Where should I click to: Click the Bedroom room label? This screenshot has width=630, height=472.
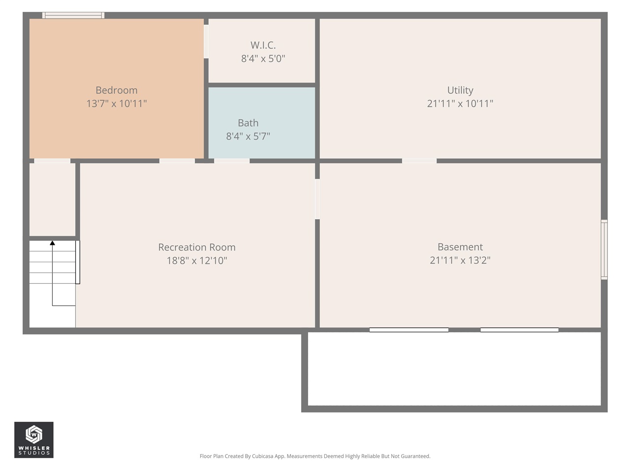[x=117, y=90]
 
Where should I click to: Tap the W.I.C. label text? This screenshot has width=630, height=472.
[x=263, y=45]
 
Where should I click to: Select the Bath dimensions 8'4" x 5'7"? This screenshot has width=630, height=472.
[x=248, y=136]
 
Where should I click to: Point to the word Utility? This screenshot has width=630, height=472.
[x=460, y=90]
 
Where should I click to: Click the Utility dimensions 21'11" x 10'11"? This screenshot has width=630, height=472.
[x=460, y=103]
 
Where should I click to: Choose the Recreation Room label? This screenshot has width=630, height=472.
[x=197, y=247]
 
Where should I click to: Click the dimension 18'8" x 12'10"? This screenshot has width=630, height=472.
[x=197, y=261]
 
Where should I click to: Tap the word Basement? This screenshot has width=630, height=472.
[x=460, y=247]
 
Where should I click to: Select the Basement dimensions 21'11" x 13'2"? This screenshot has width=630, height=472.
[x=460, y=260]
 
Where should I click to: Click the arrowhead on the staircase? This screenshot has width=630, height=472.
[x=52, y=242]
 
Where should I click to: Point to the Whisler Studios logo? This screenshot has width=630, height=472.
[x=34, y=440]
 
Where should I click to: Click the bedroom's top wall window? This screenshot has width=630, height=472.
[x=73, y=15]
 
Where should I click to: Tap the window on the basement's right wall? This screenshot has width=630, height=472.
[x=604, y=250]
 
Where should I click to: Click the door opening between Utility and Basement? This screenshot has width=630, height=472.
[x=419, y=161]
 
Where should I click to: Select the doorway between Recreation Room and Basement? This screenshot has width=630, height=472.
[x=317, y=199]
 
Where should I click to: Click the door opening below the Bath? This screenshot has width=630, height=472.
[x=232, y=161]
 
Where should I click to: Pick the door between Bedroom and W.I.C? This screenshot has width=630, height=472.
[x=206, y=41]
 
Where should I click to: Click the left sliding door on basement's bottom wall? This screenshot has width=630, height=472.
[x=409, y=330]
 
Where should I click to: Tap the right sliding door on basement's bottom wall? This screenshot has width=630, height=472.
[x=519, y=330]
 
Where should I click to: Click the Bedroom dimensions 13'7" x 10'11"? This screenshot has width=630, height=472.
[x=117, y=103]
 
